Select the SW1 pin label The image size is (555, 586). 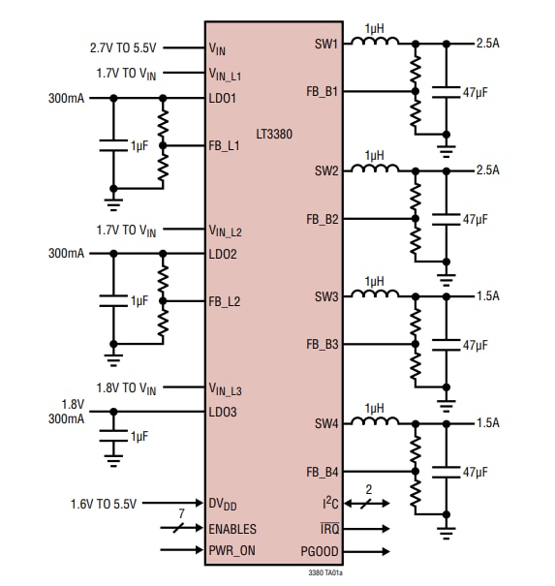(326, 44)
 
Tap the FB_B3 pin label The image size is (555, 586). (323, 345)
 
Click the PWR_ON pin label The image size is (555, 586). (232, 550)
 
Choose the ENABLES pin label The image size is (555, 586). (232, 529)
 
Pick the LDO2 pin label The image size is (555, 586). (223, 255)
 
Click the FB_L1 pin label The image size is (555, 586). (225, 146)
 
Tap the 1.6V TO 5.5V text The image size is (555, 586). (104, 504)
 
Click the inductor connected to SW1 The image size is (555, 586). (373, 43)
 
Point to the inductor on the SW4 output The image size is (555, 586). (373, 421)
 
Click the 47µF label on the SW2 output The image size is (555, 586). (476, 220)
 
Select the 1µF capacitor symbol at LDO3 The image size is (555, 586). (113, 437)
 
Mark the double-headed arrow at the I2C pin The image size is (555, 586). (368, 504)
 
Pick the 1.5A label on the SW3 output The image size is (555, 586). (487, 296)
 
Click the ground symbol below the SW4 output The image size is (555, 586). (446, 532)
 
